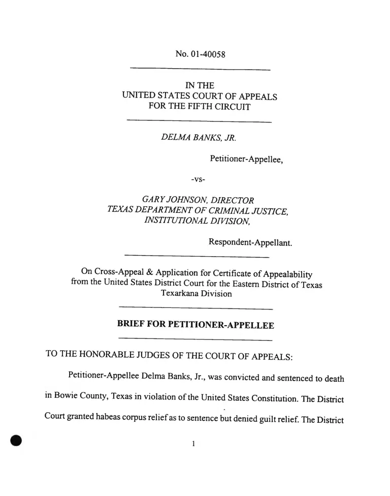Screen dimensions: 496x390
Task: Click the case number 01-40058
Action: point(207,54)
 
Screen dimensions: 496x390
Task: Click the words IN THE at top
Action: point(200,85)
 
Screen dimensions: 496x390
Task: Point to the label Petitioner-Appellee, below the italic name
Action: point(246,159)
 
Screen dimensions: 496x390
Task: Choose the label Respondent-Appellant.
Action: point(250,243)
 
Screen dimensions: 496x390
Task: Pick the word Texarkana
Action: point(180,293)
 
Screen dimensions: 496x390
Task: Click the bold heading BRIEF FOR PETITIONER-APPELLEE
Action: point(196,324)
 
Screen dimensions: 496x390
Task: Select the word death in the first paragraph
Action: point(333,379)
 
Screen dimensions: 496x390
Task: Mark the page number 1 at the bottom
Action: point(193,444)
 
